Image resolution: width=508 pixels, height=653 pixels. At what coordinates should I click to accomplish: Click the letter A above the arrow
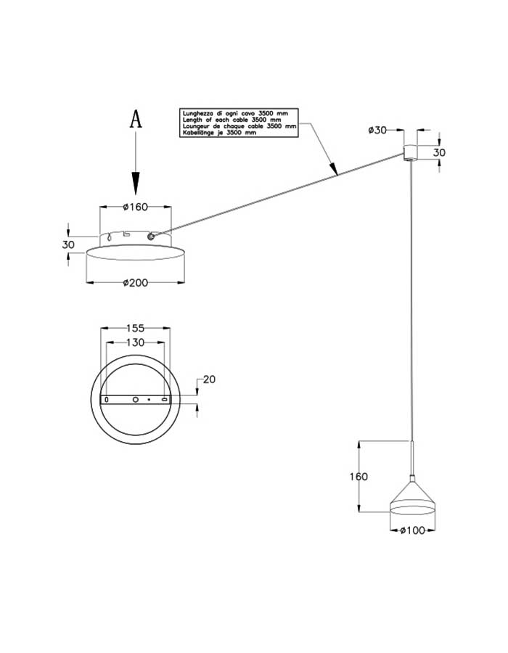coord(136,120)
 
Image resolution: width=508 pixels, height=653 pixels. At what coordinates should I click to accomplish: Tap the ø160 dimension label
coord(135,207)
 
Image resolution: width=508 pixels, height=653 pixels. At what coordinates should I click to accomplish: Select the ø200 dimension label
coord(135,283)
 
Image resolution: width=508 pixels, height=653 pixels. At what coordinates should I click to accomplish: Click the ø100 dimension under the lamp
coord(412,531)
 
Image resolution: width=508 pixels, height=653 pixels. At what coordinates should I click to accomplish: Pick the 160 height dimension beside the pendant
coord(359,477)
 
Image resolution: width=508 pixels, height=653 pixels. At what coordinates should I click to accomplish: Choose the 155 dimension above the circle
coord(135,328)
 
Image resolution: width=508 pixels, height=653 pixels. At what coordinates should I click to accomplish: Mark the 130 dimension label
coord(135,342)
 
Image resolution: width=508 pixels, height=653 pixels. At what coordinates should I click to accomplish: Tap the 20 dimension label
coord(210,379)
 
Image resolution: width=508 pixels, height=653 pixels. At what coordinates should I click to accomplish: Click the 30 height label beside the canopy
coord(68,245)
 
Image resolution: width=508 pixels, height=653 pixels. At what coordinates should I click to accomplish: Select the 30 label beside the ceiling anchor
coord(439,153)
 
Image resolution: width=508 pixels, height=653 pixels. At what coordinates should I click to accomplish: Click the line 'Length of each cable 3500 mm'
coord(231,120)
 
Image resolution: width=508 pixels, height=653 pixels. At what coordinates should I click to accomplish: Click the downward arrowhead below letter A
coord(136,181)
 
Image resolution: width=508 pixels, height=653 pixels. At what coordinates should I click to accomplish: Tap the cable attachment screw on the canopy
coord(151,236)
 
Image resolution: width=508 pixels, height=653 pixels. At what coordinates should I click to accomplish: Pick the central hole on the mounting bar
coord(135,400)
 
